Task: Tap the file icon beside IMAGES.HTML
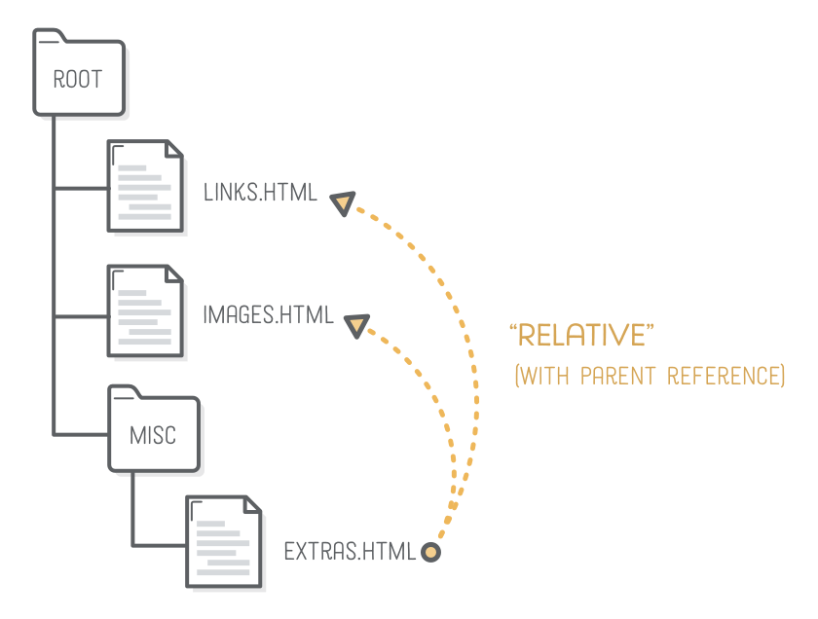tap(145, 310)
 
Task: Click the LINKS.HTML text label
tap(260, 192)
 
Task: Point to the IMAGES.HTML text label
tap(268, 315)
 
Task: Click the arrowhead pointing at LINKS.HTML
tap(343, 203)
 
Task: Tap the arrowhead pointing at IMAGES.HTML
tap(356, 326)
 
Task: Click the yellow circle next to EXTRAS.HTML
tap(430, 553)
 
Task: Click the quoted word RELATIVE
tap(580, 337)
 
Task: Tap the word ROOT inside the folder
tap(77, 80)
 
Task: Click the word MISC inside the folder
tap(153, 435)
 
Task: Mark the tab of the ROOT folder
tap(48, 37)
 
